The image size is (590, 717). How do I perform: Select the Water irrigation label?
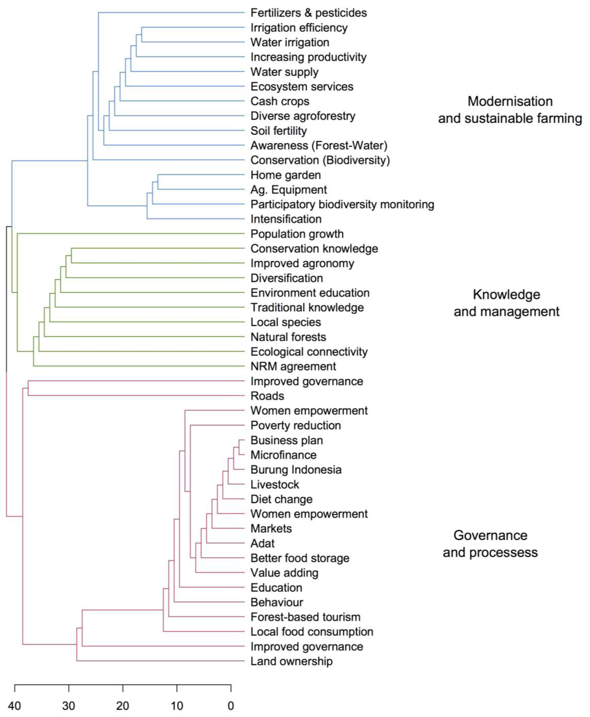tap(290, 42)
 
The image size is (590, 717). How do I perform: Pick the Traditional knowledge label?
tap(307, 308)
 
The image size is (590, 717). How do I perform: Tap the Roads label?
tap(267, 396)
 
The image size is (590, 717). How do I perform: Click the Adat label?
tap(262, 544)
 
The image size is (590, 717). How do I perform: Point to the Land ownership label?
tap(291, 661)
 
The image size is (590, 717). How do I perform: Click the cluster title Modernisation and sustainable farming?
tap(510, 110)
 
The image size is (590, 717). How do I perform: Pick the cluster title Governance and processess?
tap(490, 544)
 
